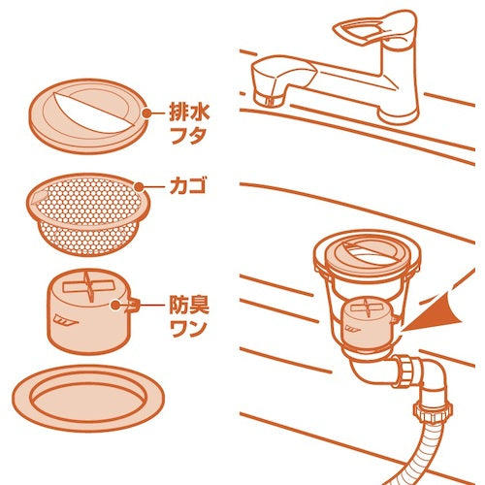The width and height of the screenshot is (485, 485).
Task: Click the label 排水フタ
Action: (190, 124)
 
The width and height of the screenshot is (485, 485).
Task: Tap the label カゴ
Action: (188, 187)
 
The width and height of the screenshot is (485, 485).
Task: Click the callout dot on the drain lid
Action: (147, 113)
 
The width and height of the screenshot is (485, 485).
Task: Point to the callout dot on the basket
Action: (139, 187)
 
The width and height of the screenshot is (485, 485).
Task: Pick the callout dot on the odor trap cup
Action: (115, 305)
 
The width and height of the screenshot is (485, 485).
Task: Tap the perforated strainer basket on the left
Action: (88, 213)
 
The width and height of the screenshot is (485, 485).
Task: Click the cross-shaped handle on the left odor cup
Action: (89, 286)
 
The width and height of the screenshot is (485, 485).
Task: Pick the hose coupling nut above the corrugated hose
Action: (433, 412)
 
